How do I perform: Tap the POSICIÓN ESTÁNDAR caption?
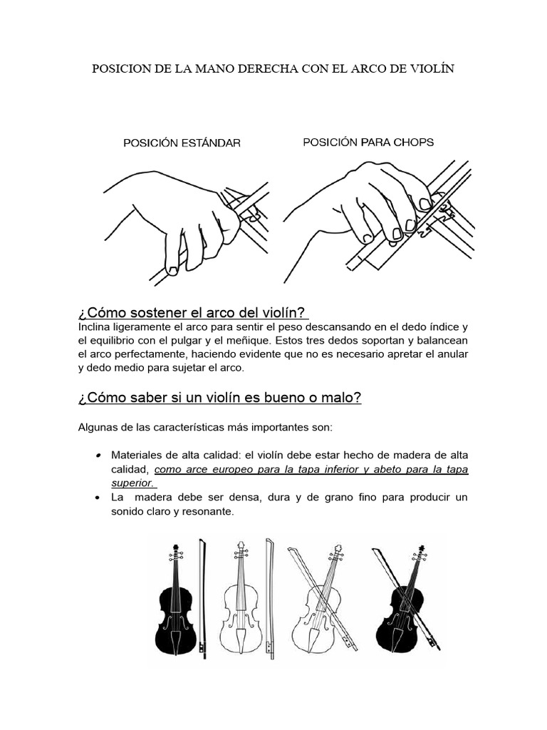(182, 143)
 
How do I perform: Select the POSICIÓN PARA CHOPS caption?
(368, 142)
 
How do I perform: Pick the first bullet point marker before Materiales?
(96, 456)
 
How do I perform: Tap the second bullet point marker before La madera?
(96, 497)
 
